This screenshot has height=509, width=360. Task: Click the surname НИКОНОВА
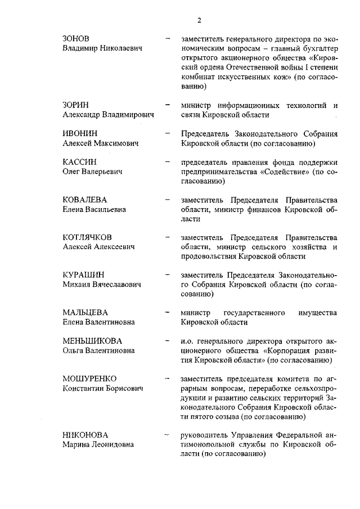85,435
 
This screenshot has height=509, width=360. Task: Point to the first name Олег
71,171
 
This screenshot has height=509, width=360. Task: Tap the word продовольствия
208,256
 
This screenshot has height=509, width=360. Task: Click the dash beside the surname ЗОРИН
166,105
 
